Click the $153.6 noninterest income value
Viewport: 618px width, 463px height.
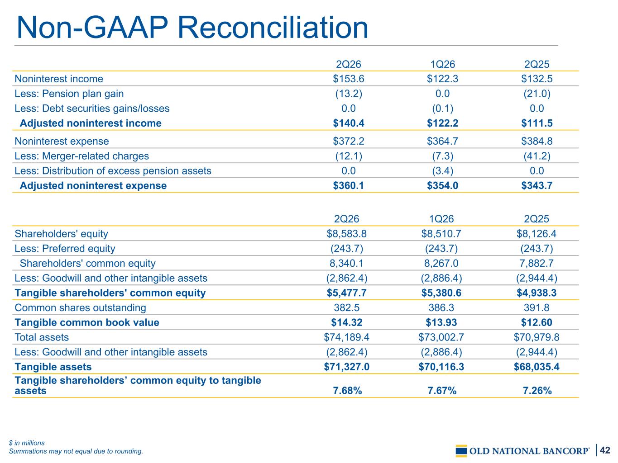348,79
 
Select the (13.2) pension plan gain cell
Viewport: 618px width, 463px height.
349,94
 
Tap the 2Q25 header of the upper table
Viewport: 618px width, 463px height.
537,64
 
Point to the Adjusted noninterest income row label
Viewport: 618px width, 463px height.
91,123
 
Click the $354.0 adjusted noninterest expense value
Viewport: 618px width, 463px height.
442,185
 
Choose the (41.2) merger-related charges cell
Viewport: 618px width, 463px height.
537,156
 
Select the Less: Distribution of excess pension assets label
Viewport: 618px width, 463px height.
113,171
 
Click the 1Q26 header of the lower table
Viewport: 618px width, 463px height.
441,219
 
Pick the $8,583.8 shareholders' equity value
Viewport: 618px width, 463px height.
347,234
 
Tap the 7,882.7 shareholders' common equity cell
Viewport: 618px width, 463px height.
537,264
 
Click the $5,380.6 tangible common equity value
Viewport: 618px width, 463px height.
441,293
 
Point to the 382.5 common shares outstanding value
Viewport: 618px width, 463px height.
347,308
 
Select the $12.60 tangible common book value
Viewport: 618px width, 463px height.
537,322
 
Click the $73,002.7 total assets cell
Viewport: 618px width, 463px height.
441,337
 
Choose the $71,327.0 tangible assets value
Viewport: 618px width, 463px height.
347,367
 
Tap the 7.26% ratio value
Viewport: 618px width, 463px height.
537,391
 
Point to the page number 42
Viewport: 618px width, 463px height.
605,450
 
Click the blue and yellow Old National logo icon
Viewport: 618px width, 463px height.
461,451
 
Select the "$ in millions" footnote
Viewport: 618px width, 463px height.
27,443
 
